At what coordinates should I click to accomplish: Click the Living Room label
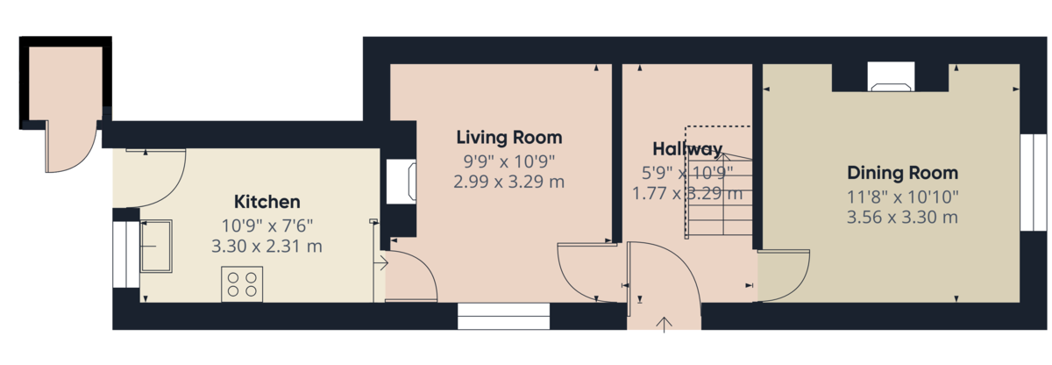pyautogui.click(x=508, y=138)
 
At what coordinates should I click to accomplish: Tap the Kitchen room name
pyautogui.click(x=267, y=201)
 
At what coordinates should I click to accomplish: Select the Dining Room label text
pyautogui.click(x=902, y=173)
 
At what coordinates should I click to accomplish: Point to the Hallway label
pyautogui.click(x=687, y=148)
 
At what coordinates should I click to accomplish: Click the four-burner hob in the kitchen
pyautogui.click(x=242, y=283)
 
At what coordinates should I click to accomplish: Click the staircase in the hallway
pyautogui.click(x=719, y=193)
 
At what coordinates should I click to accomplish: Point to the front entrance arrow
pyautogui.click(x=664, y=324)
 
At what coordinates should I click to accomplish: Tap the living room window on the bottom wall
pyautogui.click(x=503, y=316)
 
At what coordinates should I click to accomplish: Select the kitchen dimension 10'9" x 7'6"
pyautogui.click(x=267, y=225)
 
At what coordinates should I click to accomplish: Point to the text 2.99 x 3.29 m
pyautogui.click(x=508, y=182)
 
